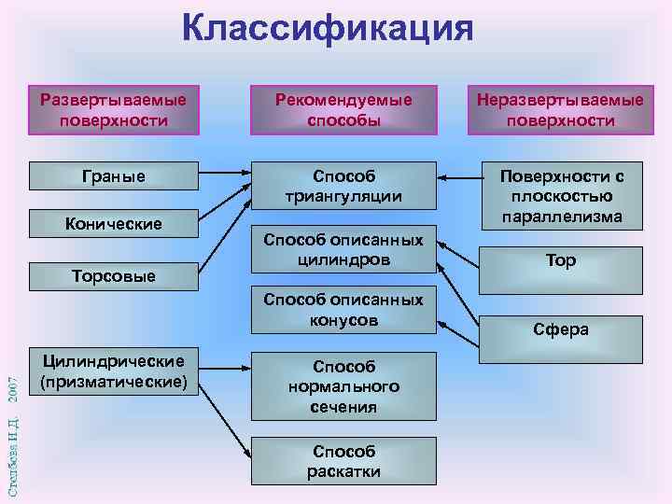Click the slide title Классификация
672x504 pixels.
click(x=328, y=28)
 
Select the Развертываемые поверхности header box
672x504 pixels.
click(x=113, y=109)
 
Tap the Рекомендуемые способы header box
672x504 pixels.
click(x=343, y=109)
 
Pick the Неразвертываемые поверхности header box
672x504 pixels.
click(x=560, y=109)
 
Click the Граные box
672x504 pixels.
click(x=113, y=175)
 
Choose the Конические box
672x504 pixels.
click(x=113, y=223)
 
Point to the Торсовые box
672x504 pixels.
click(x=113, y=275)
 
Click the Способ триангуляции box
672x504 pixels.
click(x=343, y=185)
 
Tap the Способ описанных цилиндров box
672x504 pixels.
click(x=343, y=250)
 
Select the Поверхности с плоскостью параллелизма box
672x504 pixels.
click(x=560, y=196)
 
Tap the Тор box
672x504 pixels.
click(x=560, y=262)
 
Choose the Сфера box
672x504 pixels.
click(x=560, y=329)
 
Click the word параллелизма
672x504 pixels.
click(x=560, y=217)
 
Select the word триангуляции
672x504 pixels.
click(x=343, y=196)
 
